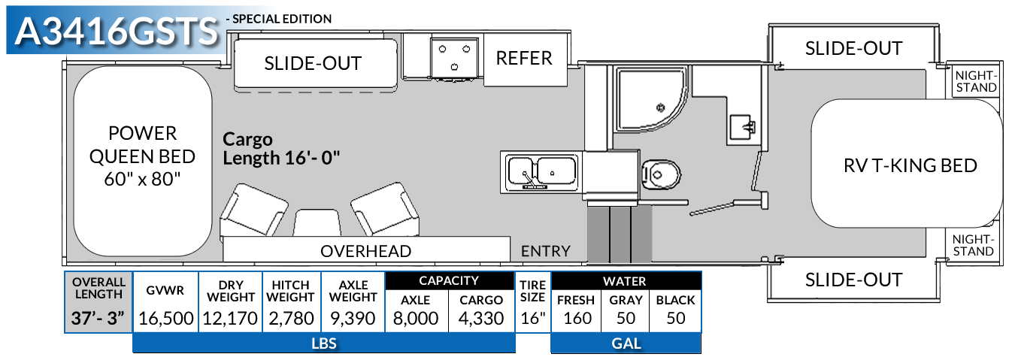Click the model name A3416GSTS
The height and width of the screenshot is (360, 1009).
pos(117,32)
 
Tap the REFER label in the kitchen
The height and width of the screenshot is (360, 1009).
pos(524,59)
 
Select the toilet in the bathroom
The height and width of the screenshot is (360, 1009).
pos(661,175)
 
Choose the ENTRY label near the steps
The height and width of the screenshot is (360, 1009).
pos(545,251)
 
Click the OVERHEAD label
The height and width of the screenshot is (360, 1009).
pos(366,251)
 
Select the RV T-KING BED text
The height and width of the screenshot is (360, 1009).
pos(910,165)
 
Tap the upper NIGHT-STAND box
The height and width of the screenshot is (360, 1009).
pos(974,81)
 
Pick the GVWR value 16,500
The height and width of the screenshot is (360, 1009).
pos(166,318)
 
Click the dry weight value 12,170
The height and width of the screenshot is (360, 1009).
pos(231,318)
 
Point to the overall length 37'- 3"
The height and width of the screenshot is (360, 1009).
pos(98,318)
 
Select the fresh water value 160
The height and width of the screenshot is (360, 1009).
pos(577,318)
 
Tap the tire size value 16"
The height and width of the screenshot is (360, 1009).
pos(532,318)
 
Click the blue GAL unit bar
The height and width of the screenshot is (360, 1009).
pos(626,343)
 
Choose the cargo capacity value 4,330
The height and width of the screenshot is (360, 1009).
pos(481,318)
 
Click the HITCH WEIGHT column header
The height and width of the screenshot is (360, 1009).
pos(290,291)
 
